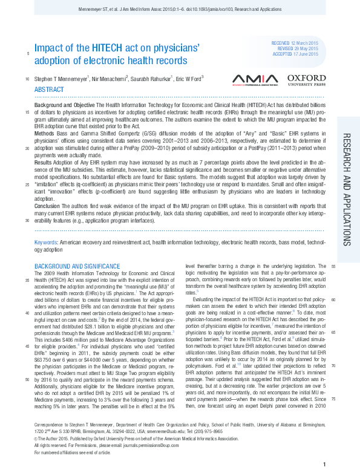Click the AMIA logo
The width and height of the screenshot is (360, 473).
tap(255, 79)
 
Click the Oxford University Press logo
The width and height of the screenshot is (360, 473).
tap(306, 79)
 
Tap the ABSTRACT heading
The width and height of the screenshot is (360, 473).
tap(49, 89)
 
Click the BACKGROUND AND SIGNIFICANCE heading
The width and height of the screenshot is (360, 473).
tap(77, 266)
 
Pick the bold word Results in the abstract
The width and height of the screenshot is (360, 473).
tap(43, 163)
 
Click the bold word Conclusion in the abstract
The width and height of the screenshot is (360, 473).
tap(47, 206)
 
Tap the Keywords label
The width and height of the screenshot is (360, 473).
tap(47, 243)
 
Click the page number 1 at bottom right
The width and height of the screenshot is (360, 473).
tap(325, 464)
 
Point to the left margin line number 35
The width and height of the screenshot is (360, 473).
tap(27, 280)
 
